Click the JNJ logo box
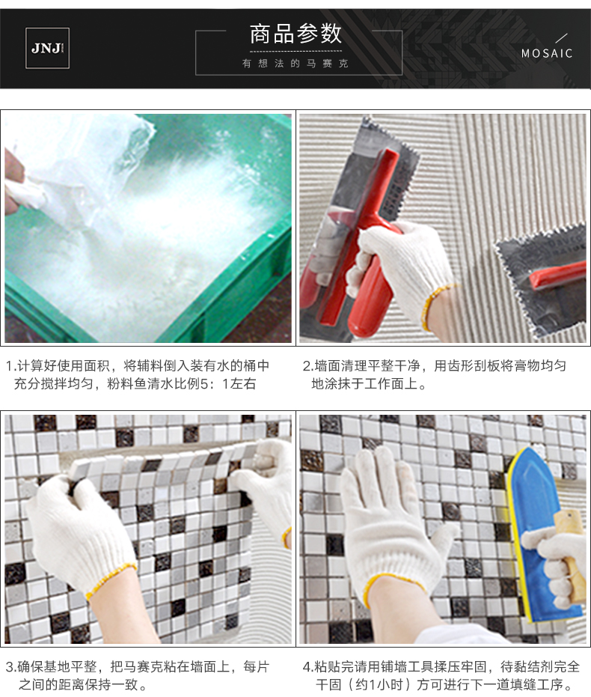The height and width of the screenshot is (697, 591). (48, 48)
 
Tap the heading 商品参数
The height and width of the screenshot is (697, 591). (295, 34)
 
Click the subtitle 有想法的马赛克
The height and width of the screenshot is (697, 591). (295, 64)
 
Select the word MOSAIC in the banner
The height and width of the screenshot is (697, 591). (547, 54)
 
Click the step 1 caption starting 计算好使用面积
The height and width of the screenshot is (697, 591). (138, 374)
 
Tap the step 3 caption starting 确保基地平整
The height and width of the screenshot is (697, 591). (138, 675)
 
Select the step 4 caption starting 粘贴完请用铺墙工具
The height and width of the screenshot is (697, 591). (441, 675)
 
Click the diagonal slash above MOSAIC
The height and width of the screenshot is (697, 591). (562, 38)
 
